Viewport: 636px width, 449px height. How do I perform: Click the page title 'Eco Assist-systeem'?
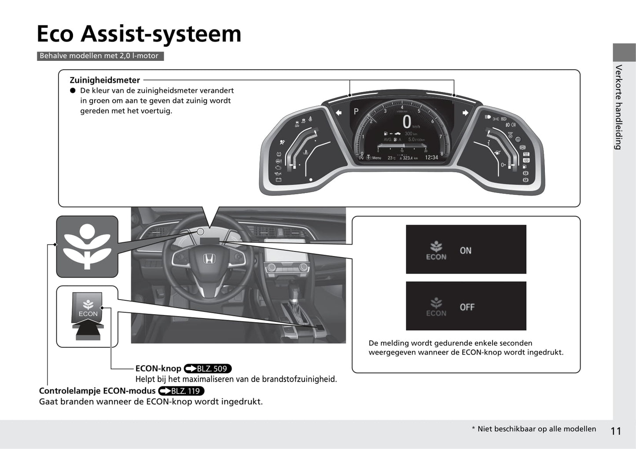click(x=139, y=33)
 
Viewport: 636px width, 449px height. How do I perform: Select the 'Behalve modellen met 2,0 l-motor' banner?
click(x=99, y=56)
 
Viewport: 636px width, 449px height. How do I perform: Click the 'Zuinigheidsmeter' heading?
click(x=105, y=80)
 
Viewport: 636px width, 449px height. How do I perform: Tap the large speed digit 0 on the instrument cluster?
click(x=407, y=122)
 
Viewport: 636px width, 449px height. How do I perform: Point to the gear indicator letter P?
click(x=356, y=112)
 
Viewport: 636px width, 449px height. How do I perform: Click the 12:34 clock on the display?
click(x=431, y=157)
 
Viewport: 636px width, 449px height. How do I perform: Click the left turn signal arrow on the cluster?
click(x=338, y=113)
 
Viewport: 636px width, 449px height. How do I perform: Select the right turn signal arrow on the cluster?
click(x=465, y=113)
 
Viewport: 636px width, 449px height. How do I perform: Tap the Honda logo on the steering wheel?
click(x=208, y=259)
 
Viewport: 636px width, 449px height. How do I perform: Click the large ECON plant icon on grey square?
click(x=87, y=246)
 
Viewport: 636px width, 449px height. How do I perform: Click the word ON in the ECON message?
click(x=465, y=251)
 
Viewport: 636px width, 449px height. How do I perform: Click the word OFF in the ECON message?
click(x=467, y=307)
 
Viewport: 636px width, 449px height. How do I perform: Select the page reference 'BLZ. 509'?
click(x=207, y=369)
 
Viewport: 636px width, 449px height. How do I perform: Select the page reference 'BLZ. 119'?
click(x=181, y=391)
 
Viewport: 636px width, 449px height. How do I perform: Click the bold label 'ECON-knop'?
click(x=158, y=369)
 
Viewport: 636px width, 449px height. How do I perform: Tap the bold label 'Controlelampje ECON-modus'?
click(x=97, y=391)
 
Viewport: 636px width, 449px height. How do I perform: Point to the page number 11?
click(x=616, y=431)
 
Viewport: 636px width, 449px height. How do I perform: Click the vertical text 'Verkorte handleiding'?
click(x=619, y=107)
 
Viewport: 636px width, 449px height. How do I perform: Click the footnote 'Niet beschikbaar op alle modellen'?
click(x=536, y=429)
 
